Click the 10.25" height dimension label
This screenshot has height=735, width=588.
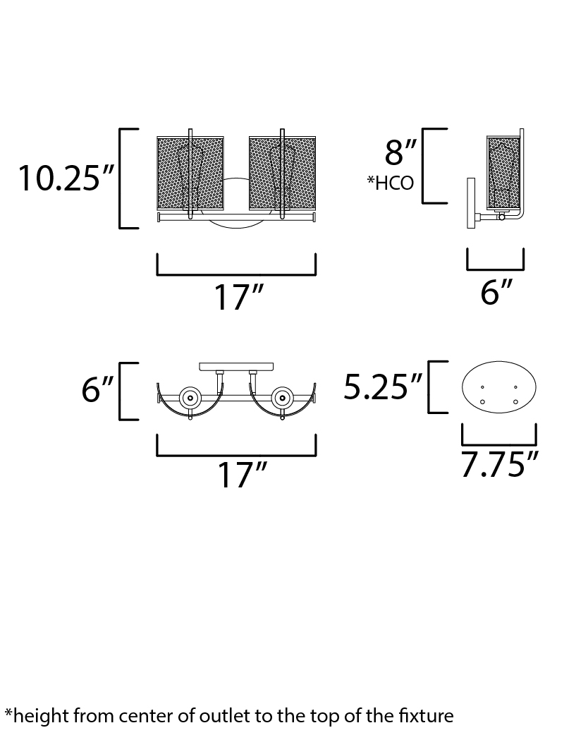66,178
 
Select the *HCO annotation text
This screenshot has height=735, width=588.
391,183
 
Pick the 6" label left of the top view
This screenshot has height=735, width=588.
97,389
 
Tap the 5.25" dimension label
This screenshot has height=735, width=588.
383,387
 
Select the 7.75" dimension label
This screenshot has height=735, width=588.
500,464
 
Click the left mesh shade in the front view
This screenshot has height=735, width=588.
190,174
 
